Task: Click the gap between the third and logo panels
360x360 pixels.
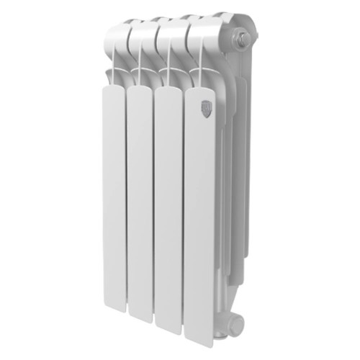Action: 184,216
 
